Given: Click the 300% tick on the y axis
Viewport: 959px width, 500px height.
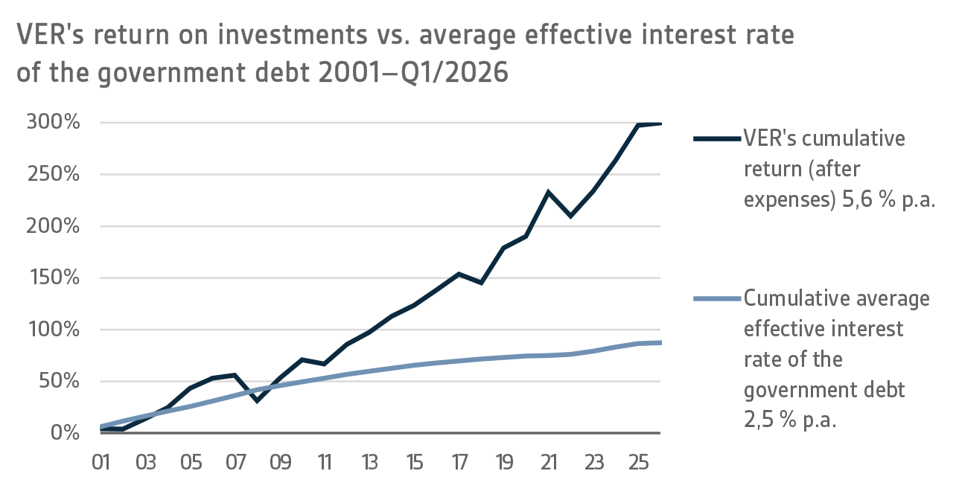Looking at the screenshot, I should tap(53, 123).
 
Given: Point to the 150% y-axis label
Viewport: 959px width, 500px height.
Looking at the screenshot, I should tap(53, 278).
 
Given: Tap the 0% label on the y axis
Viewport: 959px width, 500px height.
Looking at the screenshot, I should tap(65, 433).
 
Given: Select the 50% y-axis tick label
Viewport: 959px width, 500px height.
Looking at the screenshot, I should tap(59, 382).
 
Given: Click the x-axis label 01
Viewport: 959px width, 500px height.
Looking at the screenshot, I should tap(101, 462).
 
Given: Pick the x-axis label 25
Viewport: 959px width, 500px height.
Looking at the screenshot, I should tap(637, 462).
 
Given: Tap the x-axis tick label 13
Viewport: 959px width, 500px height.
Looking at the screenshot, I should tap(369, 462).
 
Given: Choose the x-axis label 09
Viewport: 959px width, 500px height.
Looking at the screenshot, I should tap(280, 462).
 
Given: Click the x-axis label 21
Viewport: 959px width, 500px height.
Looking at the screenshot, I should tap(548, 462).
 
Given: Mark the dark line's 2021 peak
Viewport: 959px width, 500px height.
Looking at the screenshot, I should tap(548, 192).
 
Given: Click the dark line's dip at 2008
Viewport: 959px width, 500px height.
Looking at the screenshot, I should tap(257, 401).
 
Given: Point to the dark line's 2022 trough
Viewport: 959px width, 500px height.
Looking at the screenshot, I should tap(570, 216).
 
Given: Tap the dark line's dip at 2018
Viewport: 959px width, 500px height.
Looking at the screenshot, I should tap(481, 283).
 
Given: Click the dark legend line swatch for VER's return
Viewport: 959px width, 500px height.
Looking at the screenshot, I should tap(717, 139).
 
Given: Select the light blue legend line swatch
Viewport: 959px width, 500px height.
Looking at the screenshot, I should tap(717, 299).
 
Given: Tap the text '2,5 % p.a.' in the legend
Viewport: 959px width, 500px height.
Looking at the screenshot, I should tap(791, 420).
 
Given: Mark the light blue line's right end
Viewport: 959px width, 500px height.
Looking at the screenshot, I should tap(660, 342).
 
